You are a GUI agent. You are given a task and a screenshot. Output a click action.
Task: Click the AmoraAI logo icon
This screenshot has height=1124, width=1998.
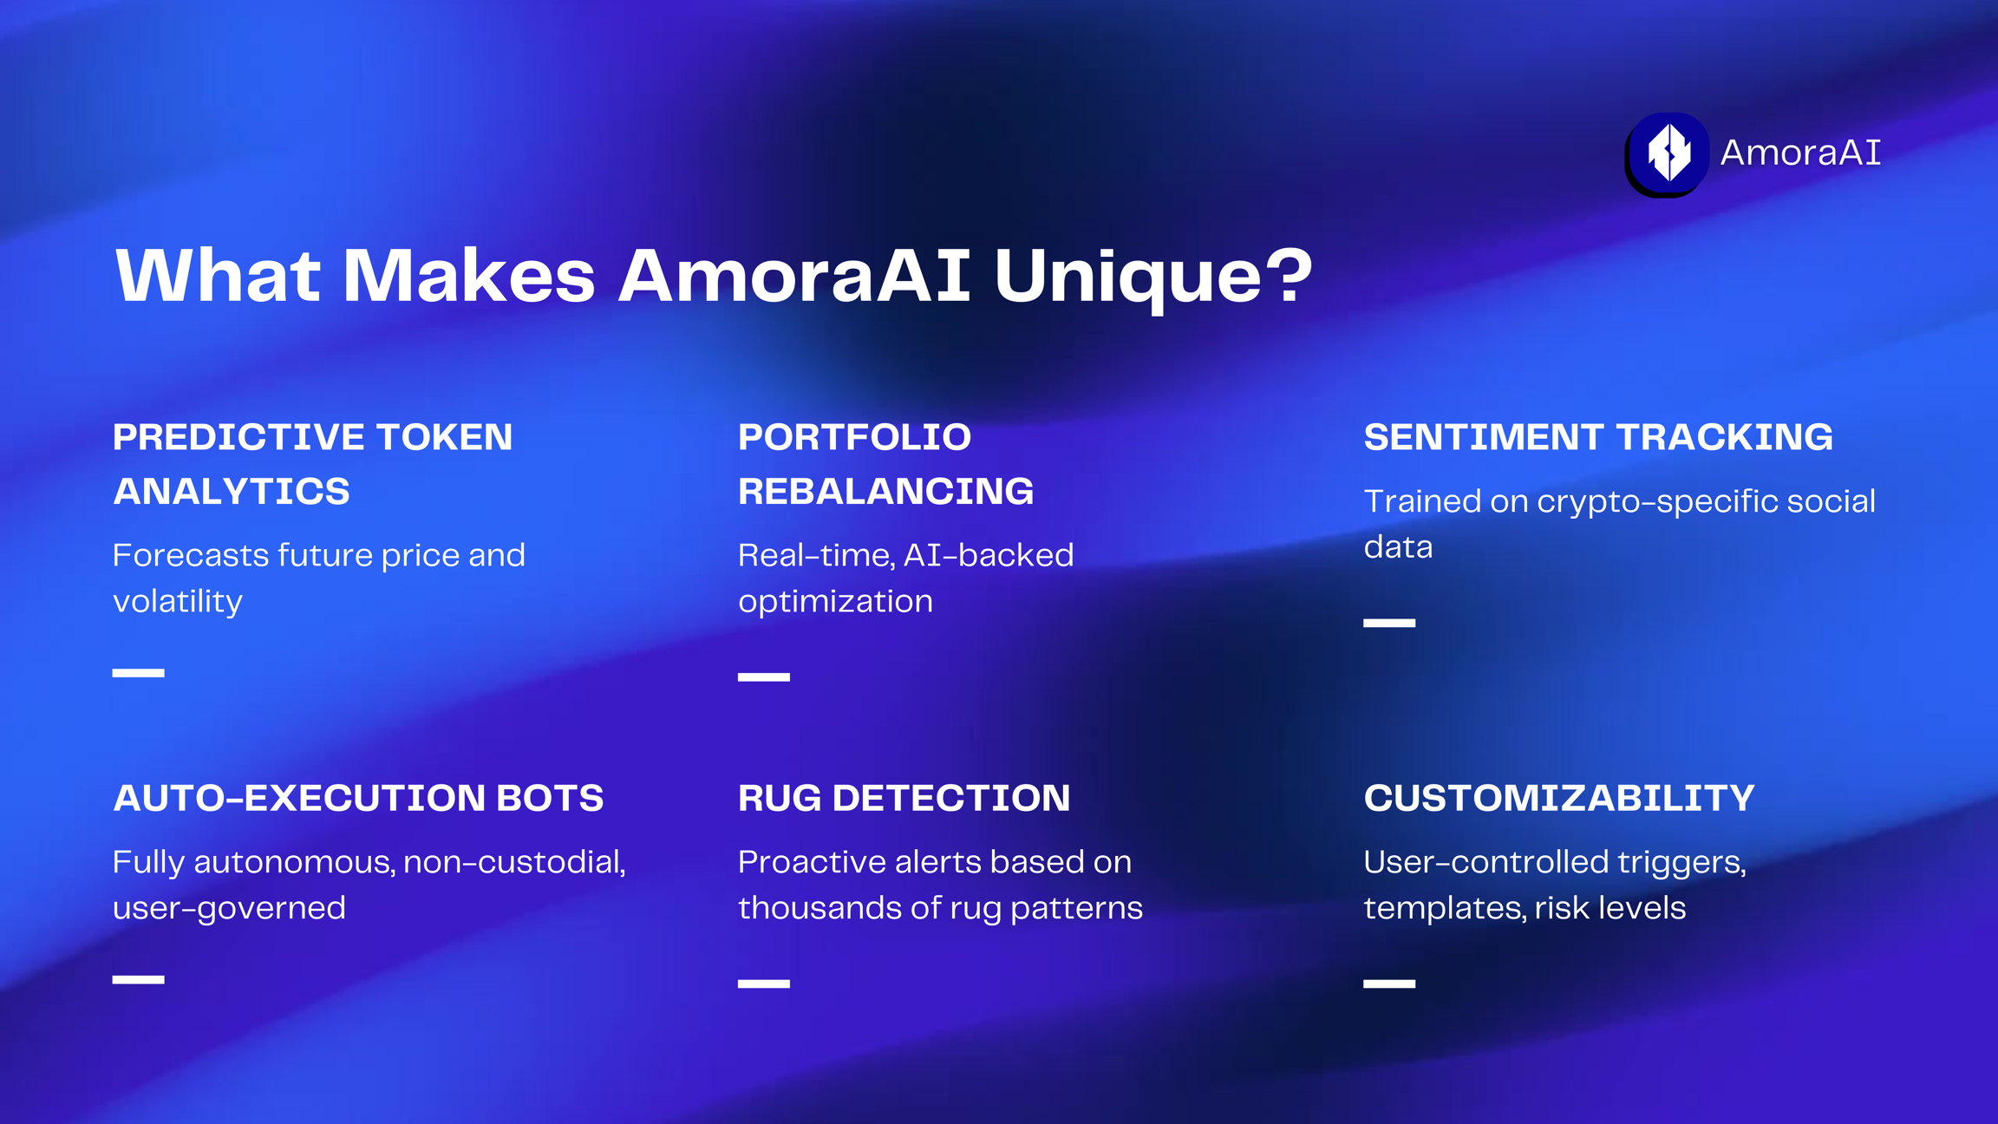coord(1667,154)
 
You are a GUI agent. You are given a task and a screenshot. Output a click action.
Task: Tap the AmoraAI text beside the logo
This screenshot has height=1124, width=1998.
coord(1800,153)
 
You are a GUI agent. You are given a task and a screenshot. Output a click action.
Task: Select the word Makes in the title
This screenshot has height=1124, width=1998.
coord(469,276)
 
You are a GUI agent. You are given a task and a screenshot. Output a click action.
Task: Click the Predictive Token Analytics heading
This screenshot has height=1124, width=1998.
coord(312,463)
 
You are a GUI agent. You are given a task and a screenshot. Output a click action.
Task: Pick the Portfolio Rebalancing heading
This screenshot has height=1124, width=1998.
coord(885,463)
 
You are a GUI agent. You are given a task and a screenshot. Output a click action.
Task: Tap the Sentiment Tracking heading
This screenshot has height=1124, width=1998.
coord(1598,436)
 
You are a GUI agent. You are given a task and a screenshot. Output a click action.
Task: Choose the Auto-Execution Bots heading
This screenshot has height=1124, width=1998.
coord(358,798)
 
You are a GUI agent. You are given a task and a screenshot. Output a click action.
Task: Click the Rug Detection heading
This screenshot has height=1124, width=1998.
coord(904,798)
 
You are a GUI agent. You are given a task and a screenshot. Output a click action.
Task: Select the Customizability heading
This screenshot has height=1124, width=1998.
coord(1559,798)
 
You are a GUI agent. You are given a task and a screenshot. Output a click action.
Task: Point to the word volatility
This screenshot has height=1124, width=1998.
coord(178,601)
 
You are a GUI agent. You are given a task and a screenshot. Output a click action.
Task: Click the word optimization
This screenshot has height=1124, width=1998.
coord(835,601)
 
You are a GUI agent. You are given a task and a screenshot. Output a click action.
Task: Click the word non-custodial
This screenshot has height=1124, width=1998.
coord(514,862)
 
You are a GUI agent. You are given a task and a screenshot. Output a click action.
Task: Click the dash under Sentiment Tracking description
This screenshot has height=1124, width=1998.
coord(1389,623)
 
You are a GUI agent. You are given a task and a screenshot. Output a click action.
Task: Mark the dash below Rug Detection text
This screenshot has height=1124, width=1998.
coord(764,983)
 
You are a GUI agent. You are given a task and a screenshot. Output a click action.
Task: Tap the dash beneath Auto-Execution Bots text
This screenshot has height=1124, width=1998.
coord(139,979)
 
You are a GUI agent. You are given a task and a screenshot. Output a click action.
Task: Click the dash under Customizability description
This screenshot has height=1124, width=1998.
coord(1389,983)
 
